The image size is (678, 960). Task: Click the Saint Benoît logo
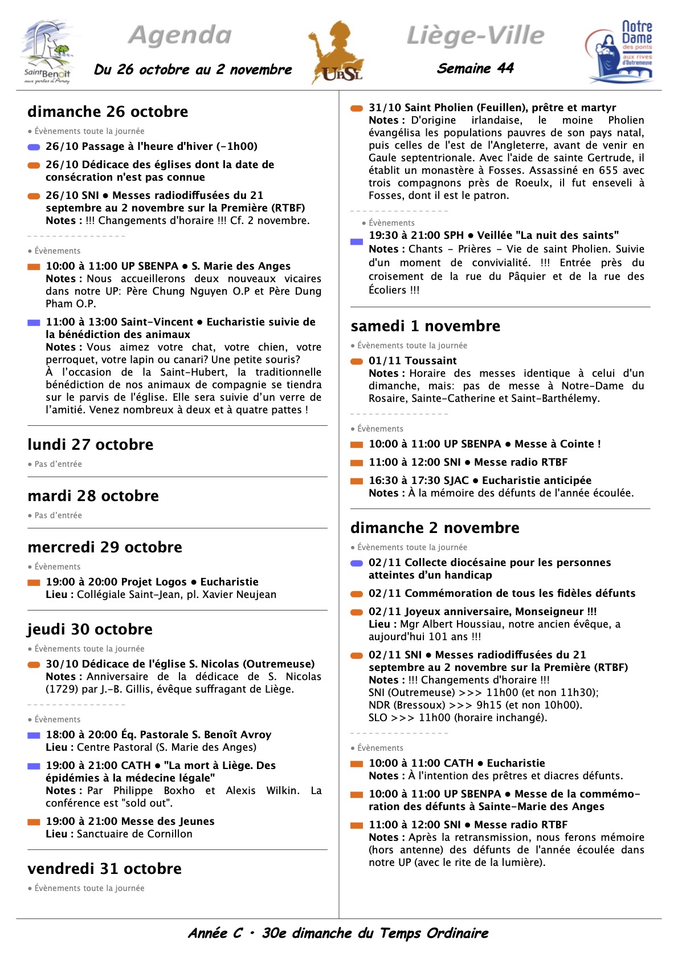click(x=48, y=52)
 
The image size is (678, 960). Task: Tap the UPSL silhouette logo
click(x=336, y=52)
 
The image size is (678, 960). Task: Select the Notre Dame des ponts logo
click(x=620, y=52)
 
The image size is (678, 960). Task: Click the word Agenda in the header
click(x=180, y=35)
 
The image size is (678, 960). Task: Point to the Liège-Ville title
click(x=475, y=35)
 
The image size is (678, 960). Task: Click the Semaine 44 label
click(x=475, y=69)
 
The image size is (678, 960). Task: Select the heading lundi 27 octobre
click(x=91, y=445)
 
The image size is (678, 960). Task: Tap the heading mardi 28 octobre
click(x=93, y=496)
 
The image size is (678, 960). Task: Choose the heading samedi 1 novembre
click(x=425, y=326)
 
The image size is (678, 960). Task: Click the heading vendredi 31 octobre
click(x=104, y=869)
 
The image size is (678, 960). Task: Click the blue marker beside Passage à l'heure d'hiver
click(x=34, y=147)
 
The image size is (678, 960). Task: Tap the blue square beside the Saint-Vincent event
click(x=34, y=323)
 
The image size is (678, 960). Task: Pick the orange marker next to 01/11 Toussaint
click(x=357, y=361)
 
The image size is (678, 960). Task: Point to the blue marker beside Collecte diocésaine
click(x=357, y=563)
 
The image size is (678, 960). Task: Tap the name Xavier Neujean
click(x=240, y=595)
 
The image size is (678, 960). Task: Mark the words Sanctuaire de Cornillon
click(x=134, y=834)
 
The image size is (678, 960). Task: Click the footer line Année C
click(x=338, y=933)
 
